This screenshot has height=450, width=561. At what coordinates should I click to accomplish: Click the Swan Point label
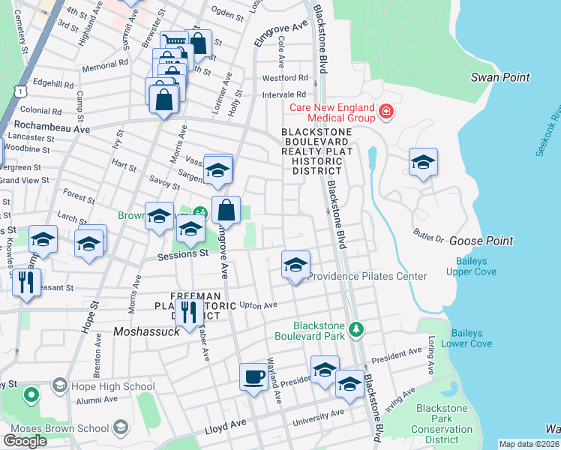(x=500, y=77)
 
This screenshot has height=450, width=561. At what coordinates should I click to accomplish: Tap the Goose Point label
(x=481, y=241)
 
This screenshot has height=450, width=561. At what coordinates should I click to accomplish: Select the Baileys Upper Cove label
(x=475, y=266)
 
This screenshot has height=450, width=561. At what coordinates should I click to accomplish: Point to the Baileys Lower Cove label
(x=471, y=338)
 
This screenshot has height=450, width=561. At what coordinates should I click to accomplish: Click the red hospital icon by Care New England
(x=386, y=112)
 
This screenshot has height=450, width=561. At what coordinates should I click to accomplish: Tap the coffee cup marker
(x=253, y=376)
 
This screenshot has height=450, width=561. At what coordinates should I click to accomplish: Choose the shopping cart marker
(x=173, y=43)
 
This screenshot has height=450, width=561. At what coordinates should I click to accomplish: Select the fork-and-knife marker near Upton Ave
(x=188, y=312)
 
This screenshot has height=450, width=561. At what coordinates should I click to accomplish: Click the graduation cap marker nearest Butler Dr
(x=423, y=162)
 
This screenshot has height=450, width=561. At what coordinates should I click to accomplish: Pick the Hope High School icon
(x=58, y=386)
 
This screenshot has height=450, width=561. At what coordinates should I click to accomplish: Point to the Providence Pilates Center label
(x=367, y=276)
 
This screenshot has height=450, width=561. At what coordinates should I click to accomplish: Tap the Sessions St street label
(x=182, y=254)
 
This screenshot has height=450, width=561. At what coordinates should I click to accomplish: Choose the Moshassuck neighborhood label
(x=146, y=331)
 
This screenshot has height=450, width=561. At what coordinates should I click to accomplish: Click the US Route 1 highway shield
(x=17, y=90)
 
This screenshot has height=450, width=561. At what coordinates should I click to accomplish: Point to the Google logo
(x=25, y=440)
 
